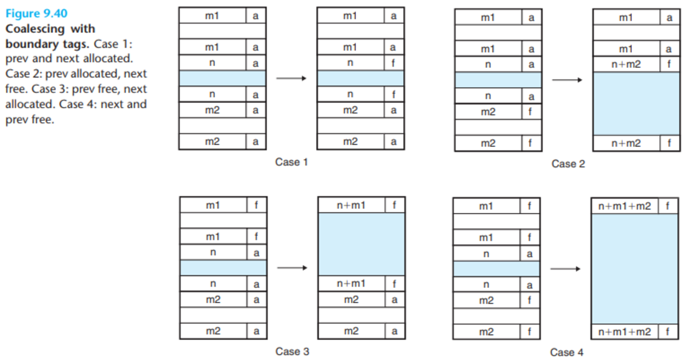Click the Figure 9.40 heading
pos(36,13)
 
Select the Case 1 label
pos(291,162)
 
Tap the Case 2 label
pos(568,163)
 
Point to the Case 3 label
pos(292,352)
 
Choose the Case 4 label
pos(567,352)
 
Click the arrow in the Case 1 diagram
pos(291,78)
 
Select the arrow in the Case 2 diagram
pos(567,80)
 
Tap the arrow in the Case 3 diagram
pos(292,267)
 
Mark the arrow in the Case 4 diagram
pos(566,269)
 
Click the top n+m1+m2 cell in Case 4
pos(625,206)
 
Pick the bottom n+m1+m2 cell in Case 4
pos(625,332)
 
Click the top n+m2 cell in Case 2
pos(626,64)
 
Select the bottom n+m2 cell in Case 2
pos(626,143)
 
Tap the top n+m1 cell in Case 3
pos(351,205)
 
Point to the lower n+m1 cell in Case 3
pos(351,284)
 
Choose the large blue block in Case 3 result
pos(361,244)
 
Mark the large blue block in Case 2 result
pos(636,103)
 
